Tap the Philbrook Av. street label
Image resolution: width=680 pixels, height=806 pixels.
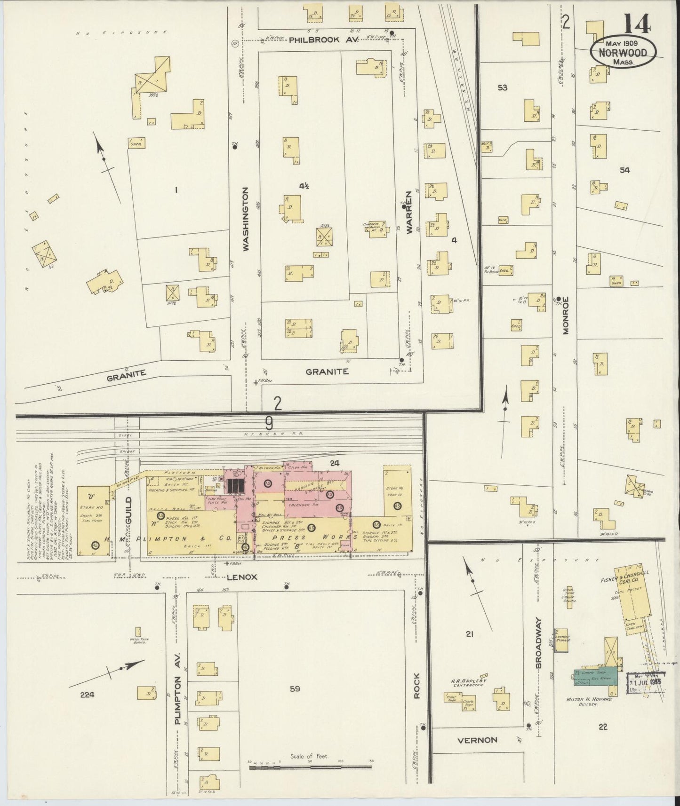point(324,40)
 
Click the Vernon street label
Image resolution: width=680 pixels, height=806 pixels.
point(477,740)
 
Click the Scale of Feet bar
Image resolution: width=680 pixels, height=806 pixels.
point(310,767)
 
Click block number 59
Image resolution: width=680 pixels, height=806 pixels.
point(295,689)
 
